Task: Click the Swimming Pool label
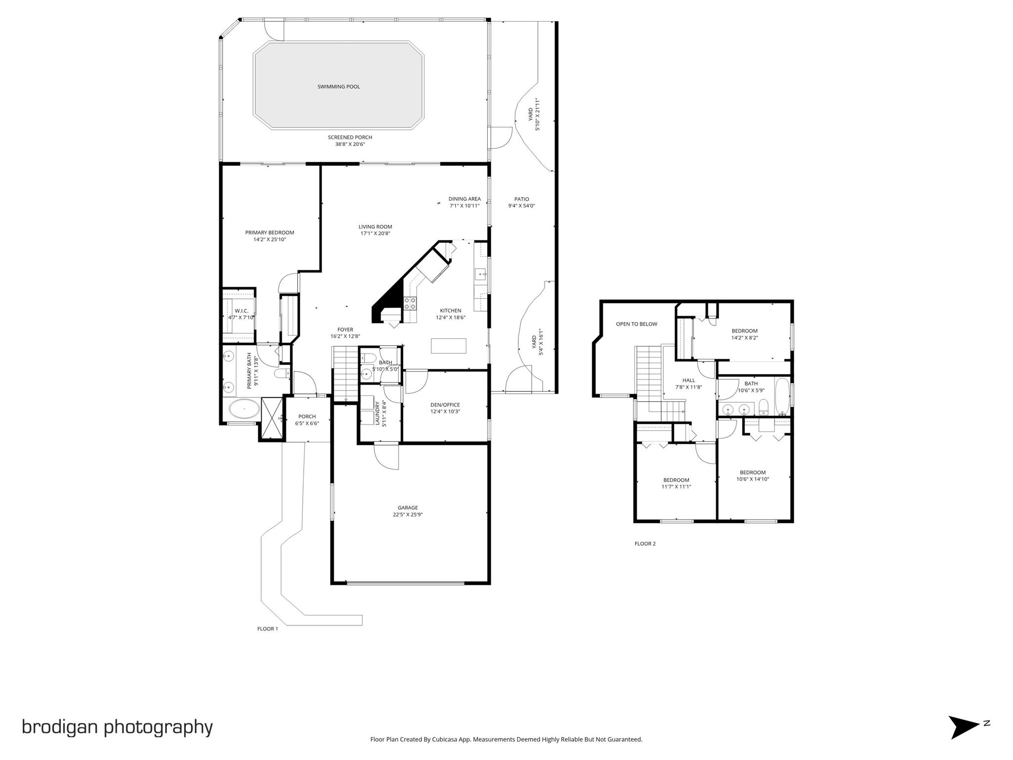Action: tap(338, 87)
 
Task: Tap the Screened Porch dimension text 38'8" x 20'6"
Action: tap(350, 144)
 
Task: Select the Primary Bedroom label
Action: tap(270, 233)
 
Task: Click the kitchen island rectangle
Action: tap(448, 345)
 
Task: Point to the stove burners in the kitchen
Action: tap(410, 303)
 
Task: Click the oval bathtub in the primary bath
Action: tap(244, 410)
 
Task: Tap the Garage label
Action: tap(408, 508)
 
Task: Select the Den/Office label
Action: tap(445, 405)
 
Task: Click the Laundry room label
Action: tap(377, 413)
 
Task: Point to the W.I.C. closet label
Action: tap(241, 311)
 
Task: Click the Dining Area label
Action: tap(464, 199)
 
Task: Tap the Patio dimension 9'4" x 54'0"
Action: tap(521, 206)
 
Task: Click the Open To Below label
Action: tap(636, 324)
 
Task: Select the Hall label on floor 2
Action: tap(689, 380)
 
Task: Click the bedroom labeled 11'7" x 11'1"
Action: tap(676, 480)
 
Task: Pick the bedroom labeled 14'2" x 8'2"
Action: tap(744, 331)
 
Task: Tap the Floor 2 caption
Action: tap(645, 544)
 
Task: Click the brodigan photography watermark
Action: tap(117, 727)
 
